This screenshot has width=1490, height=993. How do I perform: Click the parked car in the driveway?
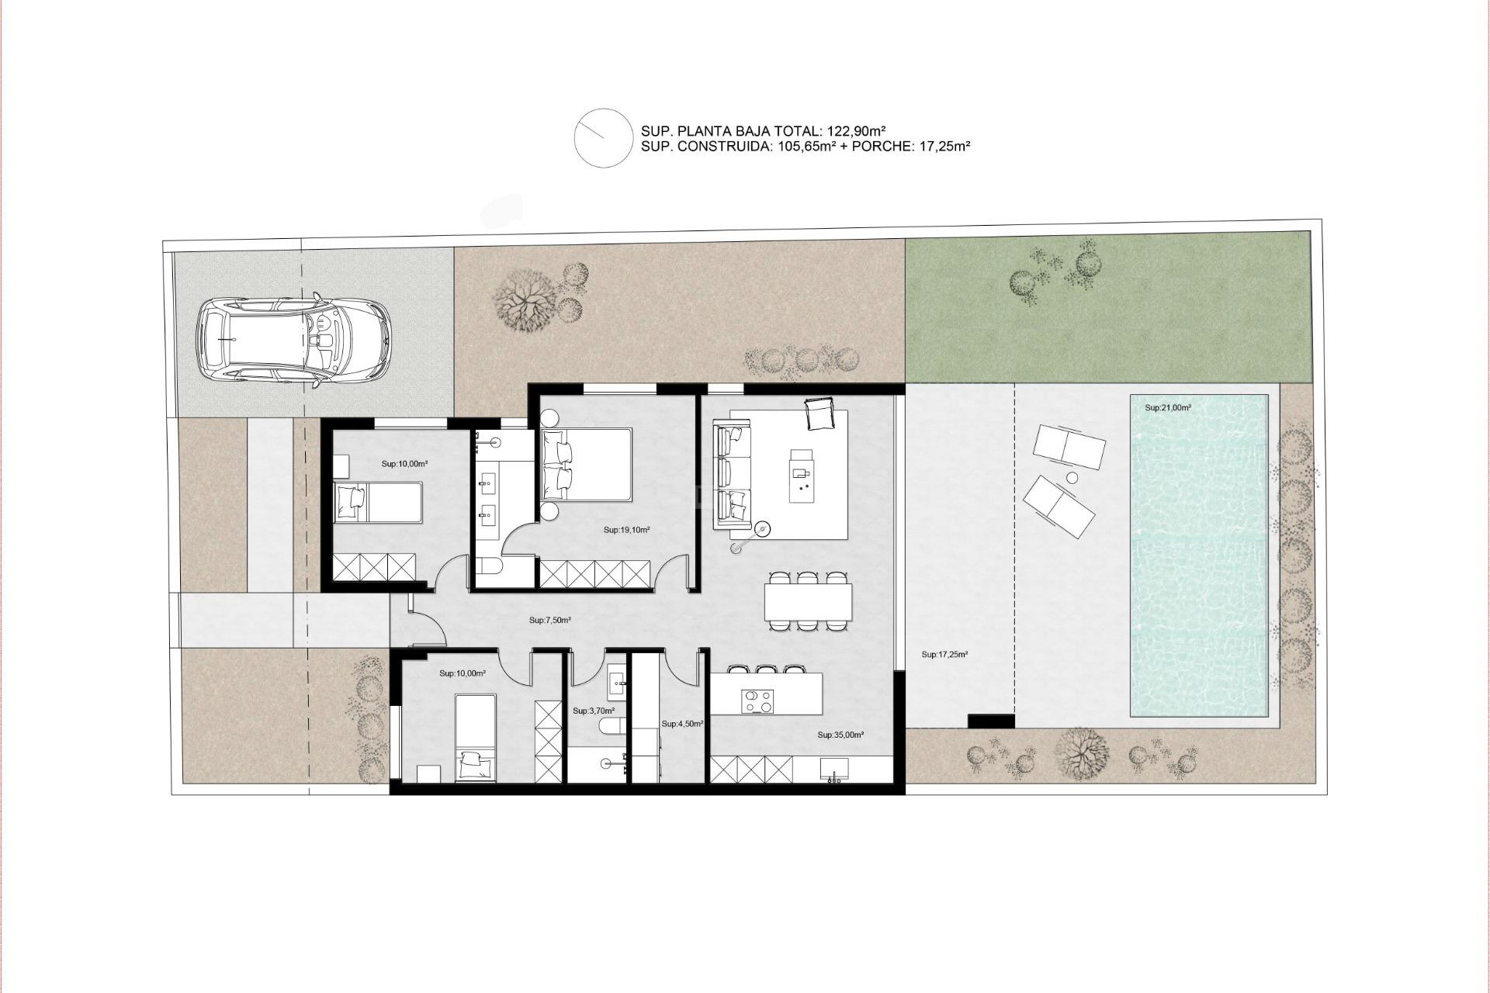[293, 340]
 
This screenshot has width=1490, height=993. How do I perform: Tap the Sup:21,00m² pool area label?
[1167, 408]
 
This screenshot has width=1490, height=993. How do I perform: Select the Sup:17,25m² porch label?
[944, 655]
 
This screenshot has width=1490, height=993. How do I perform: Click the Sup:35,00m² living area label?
[840, 735]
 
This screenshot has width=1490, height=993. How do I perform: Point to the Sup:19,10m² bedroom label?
[626, 531]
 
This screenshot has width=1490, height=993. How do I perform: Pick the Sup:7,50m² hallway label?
[550, 621]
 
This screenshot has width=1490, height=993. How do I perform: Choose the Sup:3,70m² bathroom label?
[594, 711]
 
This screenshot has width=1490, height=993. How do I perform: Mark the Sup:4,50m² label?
[682, 724]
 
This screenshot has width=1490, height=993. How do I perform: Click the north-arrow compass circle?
[604, 138]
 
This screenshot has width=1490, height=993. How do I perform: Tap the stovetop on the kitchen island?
[758, 701]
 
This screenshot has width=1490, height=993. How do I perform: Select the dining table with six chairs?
[808, 601]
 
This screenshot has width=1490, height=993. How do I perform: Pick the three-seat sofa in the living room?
[733, 474]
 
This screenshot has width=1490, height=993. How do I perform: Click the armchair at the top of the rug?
[819, 413]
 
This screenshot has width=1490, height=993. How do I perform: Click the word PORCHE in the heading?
[879, 146]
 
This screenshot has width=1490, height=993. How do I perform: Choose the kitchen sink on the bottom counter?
[834, 770]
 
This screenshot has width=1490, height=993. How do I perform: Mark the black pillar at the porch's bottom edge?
[991, 721]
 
